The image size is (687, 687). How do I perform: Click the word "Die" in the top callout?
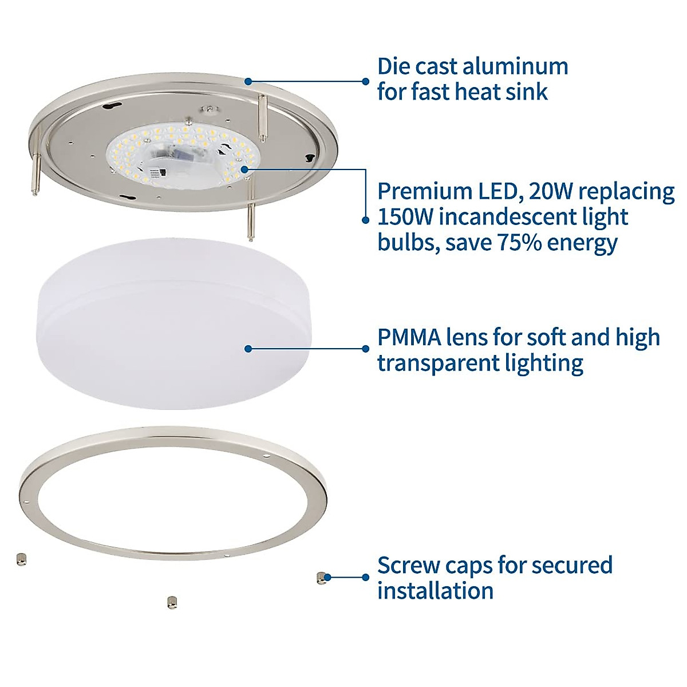pyautogui.click(x=393, y=66)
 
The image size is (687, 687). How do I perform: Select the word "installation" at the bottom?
pyautogui.click(x=435, y=590)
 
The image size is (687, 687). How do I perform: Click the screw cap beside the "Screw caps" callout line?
pyautogui.click(x=321, y=578)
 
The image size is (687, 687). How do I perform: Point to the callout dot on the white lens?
pyautogui.click(x=248, y=349)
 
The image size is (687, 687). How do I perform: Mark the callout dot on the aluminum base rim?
pyautogui.click(x=248, y=81)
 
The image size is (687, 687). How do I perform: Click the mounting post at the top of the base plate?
pyautogui.click(x=262, y=117)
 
